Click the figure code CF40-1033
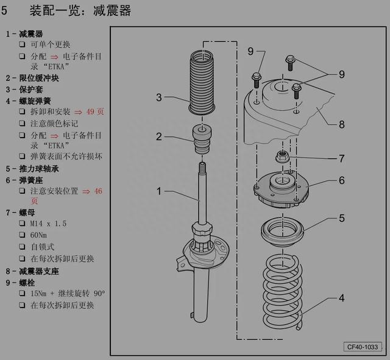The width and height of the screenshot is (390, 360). coord(363,347)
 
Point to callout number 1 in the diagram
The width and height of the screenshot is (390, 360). coord(158,191)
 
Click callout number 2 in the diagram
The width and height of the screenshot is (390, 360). coord(158,136)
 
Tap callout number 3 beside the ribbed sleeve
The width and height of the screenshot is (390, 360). coord(158,97)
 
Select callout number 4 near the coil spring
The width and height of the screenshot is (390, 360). coord(341,298)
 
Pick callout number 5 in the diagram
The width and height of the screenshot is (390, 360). coord(341,217)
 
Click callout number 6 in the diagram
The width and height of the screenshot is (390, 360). coord(341,180)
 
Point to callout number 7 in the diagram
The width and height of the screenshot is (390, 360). coord(341,158)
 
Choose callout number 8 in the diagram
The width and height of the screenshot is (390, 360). coord(341,124)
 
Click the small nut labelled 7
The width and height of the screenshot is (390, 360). coord(282,155)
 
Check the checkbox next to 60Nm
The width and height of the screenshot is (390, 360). coord(23,236)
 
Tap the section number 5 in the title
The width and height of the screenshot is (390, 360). coord(5,11)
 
